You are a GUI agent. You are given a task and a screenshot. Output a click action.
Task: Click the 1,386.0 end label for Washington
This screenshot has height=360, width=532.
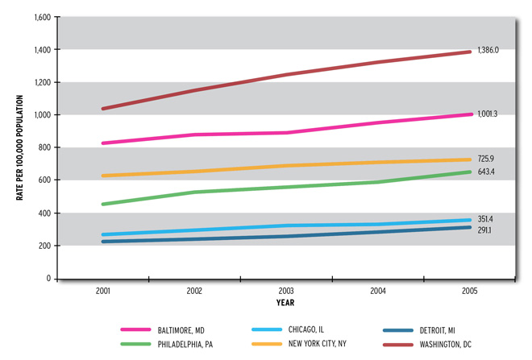point(488,50)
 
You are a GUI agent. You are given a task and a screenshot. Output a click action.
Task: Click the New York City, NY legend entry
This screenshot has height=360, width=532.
point(318,342)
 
